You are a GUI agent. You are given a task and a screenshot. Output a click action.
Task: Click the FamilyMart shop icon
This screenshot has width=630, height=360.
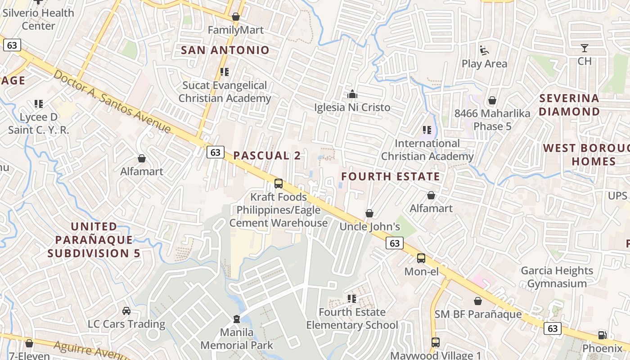pos(235,17)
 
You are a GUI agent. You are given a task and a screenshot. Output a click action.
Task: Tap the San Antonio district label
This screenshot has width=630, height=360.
pos(225,50)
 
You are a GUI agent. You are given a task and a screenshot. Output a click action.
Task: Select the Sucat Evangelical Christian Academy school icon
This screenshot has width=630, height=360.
pos(225,72)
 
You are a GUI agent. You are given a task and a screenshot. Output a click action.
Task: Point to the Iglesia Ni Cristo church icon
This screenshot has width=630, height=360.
pos(352,94)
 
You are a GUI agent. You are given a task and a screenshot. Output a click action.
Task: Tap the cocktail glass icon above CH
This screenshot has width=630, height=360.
pos(584,48)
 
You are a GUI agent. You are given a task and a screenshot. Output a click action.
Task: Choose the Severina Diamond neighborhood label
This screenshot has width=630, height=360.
pos(569,105)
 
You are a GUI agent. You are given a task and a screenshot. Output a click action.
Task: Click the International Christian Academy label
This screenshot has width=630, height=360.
pos(427,150)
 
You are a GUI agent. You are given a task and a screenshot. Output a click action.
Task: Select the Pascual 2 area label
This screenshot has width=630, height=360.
pos(267,156)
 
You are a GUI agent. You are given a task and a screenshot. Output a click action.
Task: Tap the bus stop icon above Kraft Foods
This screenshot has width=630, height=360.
pos(279,184)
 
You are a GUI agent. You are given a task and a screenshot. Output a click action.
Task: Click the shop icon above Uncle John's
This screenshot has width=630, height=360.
pos(369,213)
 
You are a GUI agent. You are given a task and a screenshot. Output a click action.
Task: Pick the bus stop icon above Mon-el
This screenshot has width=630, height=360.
pos(421,258)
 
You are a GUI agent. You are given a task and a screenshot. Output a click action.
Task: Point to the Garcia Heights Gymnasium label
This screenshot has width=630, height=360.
pos(557,277)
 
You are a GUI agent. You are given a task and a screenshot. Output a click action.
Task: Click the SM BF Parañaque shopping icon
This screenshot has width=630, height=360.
pos(478,301)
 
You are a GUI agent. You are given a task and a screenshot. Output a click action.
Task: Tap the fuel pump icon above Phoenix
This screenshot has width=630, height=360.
pos(602,335)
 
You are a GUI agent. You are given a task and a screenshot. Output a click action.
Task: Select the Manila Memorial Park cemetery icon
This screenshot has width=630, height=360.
pos(236,319)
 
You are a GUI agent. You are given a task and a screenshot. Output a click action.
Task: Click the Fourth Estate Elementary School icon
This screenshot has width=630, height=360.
pos(352,299)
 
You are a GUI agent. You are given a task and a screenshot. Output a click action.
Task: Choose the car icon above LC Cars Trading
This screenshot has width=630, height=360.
pos(126,311)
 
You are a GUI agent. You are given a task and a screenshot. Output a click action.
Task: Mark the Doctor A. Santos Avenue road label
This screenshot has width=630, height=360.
pos(112,102)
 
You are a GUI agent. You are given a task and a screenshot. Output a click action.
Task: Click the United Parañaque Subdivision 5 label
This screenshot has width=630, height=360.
pos(94,240)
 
